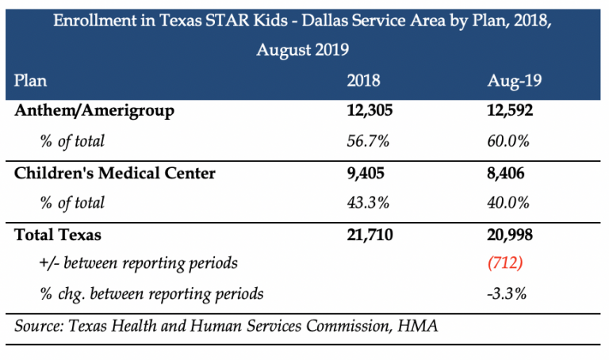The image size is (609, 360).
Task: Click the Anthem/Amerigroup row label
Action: click(x=94, y=111)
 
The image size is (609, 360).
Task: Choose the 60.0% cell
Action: click(x=508, y=141)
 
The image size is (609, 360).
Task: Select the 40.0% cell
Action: click(x=508, y=203)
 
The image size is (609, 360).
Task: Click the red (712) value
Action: click(x=506, y=263)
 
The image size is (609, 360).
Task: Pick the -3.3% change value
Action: click(x=507, y=293)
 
